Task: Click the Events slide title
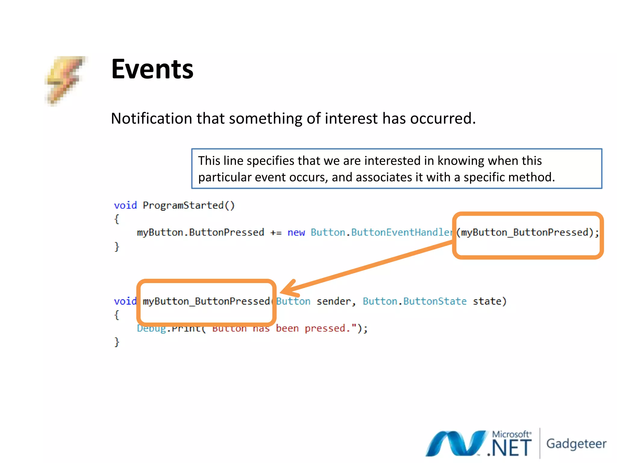coord(152,69)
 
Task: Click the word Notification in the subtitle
coord(152,118)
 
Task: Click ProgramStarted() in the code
coord(188,205)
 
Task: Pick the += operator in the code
coord(276,233)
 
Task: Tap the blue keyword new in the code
coord(296,233)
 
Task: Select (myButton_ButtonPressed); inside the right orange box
coord(527,232)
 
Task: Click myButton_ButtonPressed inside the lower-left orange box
coord(206,301)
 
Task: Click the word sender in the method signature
coord(334,301)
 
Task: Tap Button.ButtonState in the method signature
coord(414,301)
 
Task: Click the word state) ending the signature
coord(490,301)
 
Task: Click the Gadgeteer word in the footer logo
coord(576,444)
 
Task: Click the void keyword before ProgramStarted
coord(125,205)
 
